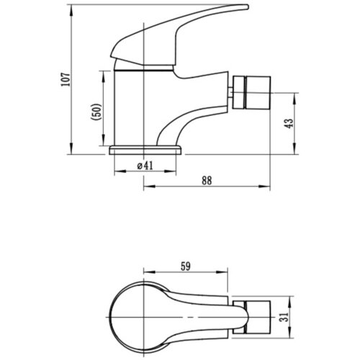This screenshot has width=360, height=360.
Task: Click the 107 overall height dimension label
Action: coord(66,79)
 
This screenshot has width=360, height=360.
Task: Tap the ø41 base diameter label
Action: coord(145,166)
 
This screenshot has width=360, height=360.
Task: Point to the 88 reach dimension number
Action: coord(207,181)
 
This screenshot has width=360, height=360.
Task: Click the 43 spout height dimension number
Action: coord(289,123)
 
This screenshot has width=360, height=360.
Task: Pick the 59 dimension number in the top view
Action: coord(186,266)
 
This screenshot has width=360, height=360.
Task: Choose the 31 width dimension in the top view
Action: coord(284,317)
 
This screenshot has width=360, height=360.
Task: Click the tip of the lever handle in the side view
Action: coord(248,7)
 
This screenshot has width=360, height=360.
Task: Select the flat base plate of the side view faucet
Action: coord(145,150)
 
